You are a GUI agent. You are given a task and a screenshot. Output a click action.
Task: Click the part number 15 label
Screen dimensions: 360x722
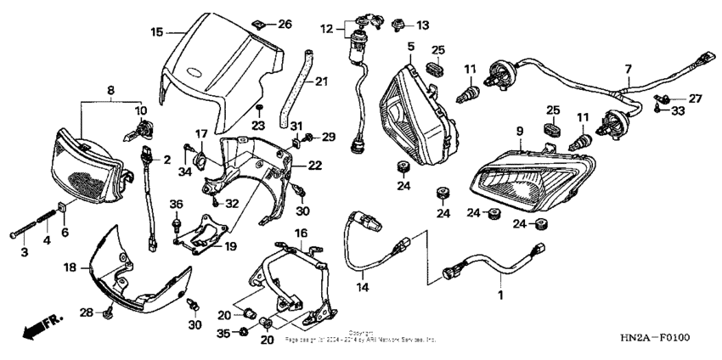[x=156, y=32]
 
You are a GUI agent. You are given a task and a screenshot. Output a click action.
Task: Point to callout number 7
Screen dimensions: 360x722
[x=629, y=68]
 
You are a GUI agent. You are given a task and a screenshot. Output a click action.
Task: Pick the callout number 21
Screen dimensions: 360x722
[x=320, y=82]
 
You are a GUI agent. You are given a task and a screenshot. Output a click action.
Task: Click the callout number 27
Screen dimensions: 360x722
[x=695, y=98]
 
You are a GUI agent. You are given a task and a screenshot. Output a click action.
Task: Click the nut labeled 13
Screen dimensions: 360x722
[x=397, y=25]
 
